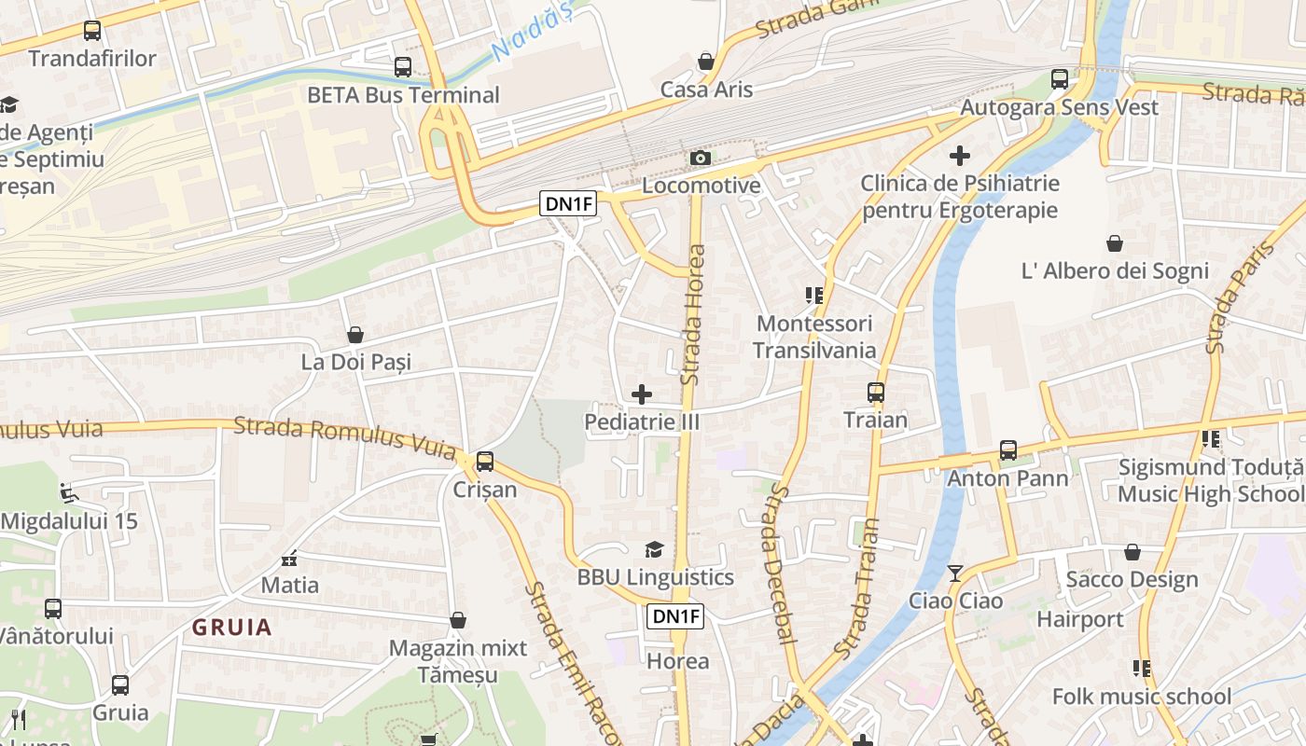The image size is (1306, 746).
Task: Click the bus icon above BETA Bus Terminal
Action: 403,67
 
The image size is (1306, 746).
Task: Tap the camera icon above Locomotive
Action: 701,159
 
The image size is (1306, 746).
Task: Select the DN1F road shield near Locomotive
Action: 567,203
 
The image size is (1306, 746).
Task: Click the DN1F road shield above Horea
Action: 675,615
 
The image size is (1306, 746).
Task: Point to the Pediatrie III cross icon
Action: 642,394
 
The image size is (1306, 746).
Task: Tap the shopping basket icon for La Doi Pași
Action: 355,335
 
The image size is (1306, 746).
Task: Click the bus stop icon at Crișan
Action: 485,462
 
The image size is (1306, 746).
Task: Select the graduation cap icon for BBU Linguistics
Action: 655,550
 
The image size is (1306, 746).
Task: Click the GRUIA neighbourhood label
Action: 232,628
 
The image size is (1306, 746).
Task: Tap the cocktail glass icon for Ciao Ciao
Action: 955,573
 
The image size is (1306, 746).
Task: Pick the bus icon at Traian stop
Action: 875,393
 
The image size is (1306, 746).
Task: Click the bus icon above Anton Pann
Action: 1008,450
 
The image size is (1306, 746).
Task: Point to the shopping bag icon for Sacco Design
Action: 1132,552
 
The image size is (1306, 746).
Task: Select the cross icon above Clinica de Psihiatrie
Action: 960,155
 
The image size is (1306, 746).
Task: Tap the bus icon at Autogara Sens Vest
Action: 1060,79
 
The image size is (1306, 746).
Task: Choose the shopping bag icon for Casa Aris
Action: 706,62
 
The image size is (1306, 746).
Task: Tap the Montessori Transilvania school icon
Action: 814,296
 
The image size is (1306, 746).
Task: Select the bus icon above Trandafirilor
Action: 91,31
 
